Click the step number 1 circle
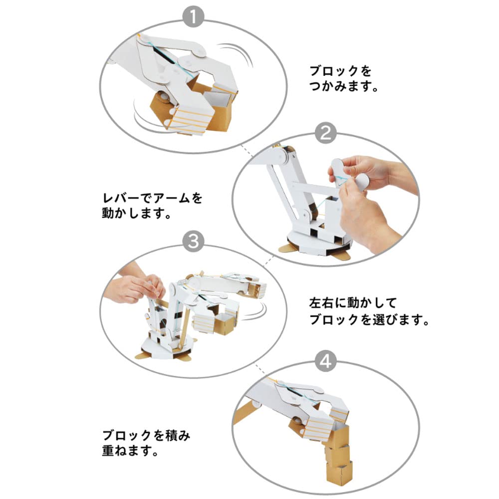[x=194, y=18]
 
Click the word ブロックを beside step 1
[x=341, y=71]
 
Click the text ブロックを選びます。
[x=368, y=319]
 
